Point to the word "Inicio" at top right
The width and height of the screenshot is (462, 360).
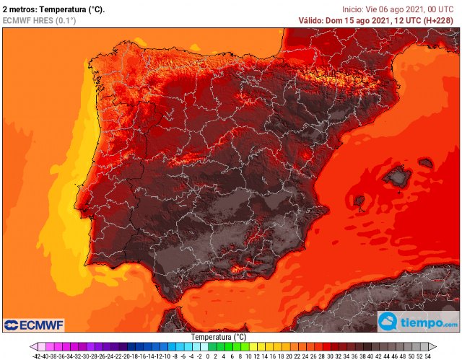tap(354, 9)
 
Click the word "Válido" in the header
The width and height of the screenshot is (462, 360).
tap(315, 20)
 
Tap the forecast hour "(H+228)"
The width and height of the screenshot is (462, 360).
tap(440, 20)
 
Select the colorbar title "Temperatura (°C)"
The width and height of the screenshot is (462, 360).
tap(219, 337)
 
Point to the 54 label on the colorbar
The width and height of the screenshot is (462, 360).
tap(428, 356)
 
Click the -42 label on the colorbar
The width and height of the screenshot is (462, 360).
tap(36, 356)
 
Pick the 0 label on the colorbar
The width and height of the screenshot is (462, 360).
tap(207, 356)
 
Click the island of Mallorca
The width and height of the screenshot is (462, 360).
tap(396, 175)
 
